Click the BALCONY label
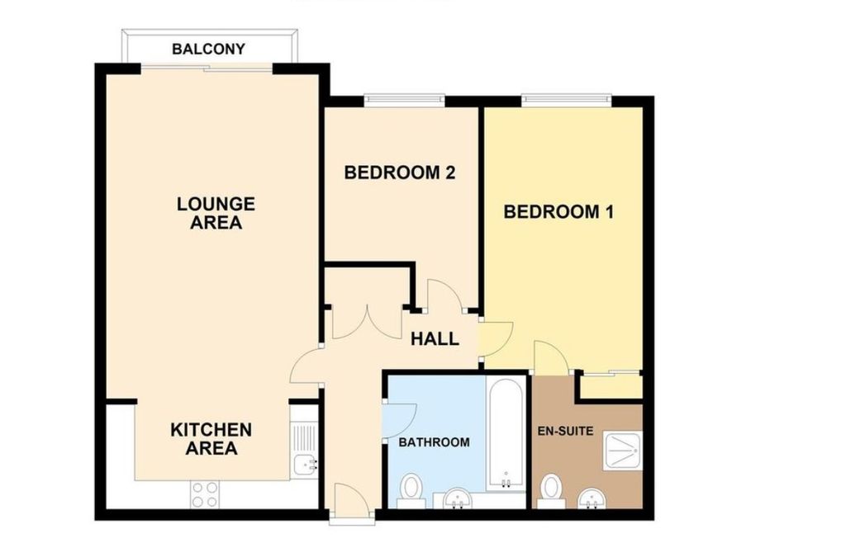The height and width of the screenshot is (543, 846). tap(208, 50)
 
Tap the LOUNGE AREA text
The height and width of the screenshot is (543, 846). tap(216, 213)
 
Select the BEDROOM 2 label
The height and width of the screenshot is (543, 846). tap(400, 173)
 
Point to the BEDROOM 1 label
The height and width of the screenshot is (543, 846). tap(558, 212)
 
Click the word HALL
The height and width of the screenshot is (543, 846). tap(435, 339)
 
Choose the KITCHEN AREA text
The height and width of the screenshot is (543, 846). tap(211, 439)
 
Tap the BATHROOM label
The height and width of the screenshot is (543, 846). tap(434, 442)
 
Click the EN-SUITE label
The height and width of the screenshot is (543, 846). tap(566, 431)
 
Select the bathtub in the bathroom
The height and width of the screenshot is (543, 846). tap(506, 433)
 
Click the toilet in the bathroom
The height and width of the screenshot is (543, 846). tap(411, 490)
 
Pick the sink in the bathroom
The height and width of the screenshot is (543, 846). tap(455, 498)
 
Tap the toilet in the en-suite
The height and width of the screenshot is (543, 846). tap(550, 490)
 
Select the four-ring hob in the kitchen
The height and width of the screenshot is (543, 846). tap(205, 493)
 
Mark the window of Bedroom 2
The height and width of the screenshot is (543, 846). tap(405, 101)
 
